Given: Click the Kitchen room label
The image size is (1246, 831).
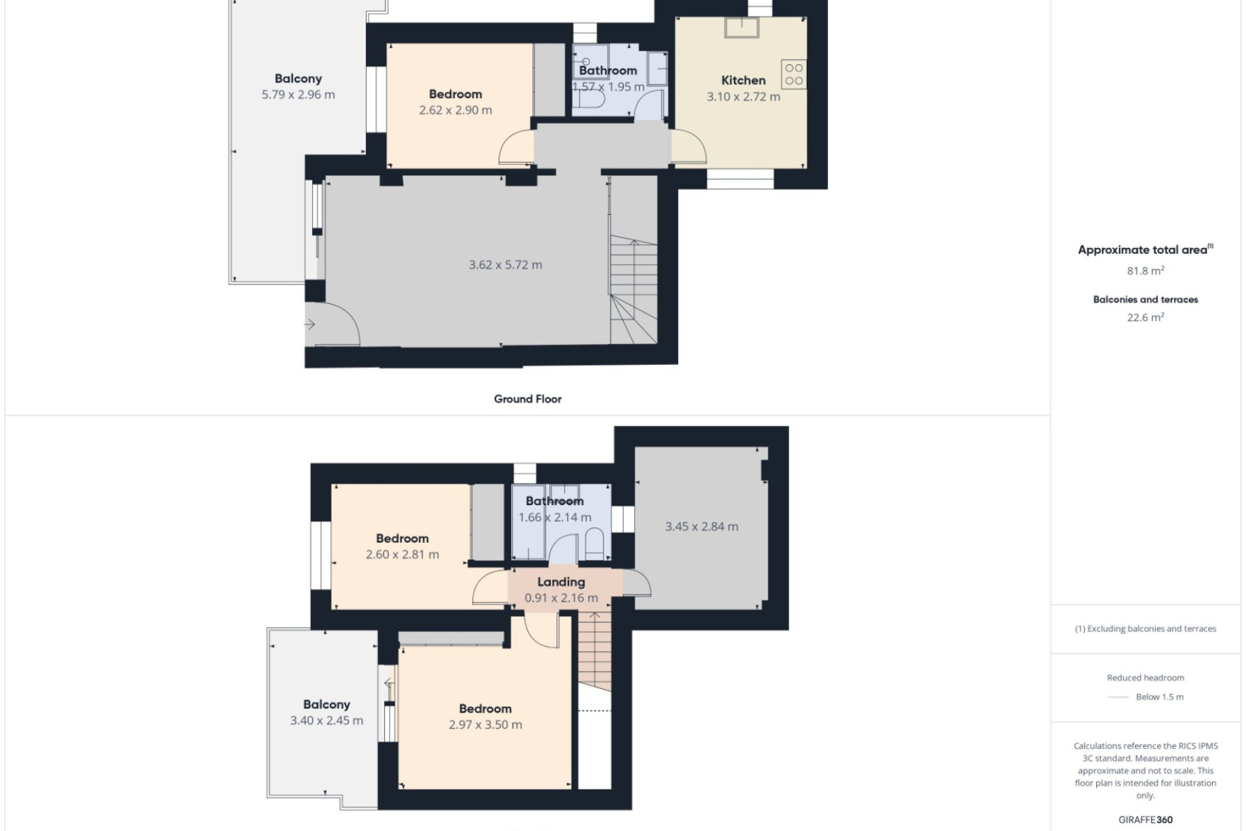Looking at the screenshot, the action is (743, 81).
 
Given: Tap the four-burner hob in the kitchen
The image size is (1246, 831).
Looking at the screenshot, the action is (794, 74).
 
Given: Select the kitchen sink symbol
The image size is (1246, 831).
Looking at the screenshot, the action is (742, 27).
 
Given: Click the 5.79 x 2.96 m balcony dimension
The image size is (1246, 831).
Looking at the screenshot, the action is (298, 95).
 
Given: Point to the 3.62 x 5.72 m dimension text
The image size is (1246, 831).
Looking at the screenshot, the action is (506, 265).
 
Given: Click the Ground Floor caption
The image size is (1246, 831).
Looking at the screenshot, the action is (528, 399).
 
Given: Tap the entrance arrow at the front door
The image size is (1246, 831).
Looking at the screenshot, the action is (310, 324).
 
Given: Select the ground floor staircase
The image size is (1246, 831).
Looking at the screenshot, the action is (633, 291).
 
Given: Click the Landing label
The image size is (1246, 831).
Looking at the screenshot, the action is (561, 582).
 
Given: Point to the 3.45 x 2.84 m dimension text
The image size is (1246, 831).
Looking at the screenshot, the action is (702, 527).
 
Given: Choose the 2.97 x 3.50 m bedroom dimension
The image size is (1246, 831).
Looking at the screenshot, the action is (485, 725).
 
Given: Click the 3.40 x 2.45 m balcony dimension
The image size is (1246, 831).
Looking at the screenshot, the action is (326, 721).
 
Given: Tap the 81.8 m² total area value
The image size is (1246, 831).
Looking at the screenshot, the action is (1145, 271).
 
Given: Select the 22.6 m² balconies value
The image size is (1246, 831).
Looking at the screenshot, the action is (1145, 317).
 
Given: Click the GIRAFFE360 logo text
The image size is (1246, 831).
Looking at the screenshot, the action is (1145, 820).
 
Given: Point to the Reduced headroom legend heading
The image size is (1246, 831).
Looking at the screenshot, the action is (1145, 678).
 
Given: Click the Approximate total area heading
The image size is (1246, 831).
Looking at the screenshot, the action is (1145, 250).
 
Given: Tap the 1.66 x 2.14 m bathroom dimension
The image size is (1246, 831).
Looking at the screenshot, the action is (555, 517).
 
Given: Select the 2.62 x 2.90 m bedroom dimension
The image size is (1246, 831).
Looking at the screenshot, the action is (456, 110).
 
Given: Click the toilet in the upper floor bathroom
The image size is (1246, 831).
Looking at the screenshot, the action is (594, 544).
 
